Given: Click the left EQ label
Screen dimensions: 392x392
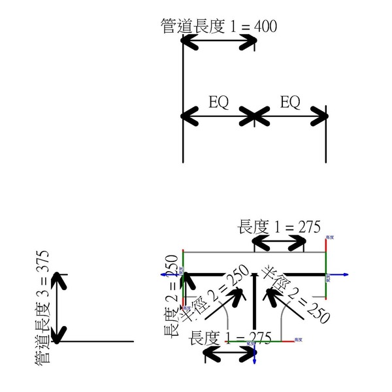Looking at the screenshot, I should click(218, 103).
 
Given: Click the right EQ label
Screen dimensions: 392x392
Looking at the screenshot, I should click(289, 103).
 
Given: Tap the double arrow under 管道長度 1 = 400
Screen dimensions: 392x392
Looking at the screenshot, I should click(218, 41).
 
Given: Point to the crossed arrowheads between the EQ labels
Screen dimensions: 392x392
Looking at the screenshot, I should click(254, 117).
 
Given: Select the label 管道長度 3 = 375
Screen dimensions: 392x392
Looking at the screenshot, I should click(44, 307).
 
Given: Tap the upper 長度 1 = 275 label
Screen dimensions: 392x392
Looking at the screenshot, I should click(279, 227).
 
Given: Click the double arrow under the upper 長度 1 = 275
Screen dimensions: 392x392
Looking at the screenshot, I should click(279, 242).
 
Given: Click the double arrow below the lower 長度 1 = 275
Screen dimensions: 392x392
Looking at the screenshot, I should click(229, 353).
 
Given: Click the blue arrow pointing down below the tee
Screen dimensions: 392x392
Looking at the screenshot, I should click(254, 356).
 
